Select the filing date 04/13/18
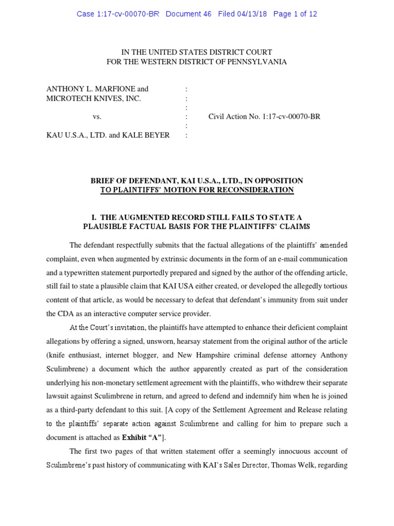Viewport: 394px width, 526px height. (x=250, y=14)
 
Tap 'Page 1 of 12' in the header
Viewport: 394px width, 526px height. (x=295, y=14)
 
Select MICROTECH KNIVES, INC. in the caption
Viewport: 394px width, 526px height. (x=93, y=98)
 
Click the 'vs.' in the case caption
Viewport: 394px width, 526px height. (x=97, y=117)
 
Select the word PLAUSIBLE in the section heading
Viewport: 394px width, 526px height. (x=108, y=227)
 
